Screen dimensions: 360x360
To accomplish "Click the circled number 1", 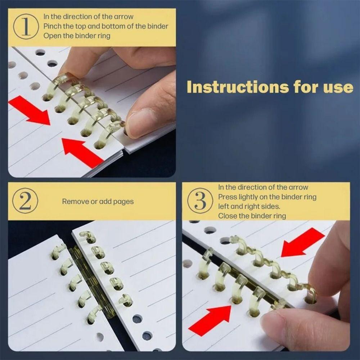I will [x=26, y=26].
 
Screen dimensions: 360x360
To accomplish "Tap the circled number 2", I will [x=25, y=201].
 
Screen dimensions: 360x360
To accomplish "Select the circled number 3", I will [x=200, y=201].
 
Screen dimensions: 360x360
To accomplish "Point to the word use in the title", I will [x=338, y=87].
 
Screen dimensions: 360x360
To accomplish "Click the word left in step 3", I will [x=224, y=207].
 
